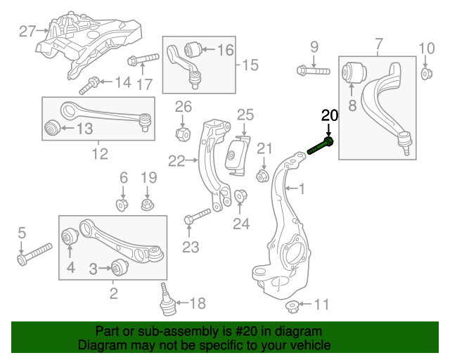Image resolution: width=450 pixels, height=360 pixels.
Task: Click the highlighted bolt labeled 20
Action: [x=321, y=146]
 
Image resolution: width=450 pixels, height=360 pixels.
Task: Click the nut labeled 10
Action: [x=427, y=74]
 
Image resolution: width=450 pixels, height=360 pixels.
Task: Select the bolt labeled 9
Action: [x=313, y=70]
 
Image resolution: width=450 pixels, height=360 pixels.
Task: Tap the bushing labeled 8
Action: [x=356, y=72]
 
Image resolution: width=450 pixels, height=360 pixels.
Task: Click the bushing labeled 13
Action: [x=51, y=128]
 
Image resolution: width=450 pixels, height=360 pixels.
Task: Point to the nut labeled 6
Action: [x=122, y=205]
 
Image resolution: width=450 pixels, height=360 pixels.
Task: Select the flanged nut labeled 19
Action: [x=147, y=205]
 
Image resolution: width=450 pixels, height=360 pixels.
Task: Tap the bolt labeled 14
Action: [x=91, y=87]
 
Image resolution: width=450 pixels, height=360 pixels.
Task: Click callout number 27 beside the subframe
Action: [x=27, y=31]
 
